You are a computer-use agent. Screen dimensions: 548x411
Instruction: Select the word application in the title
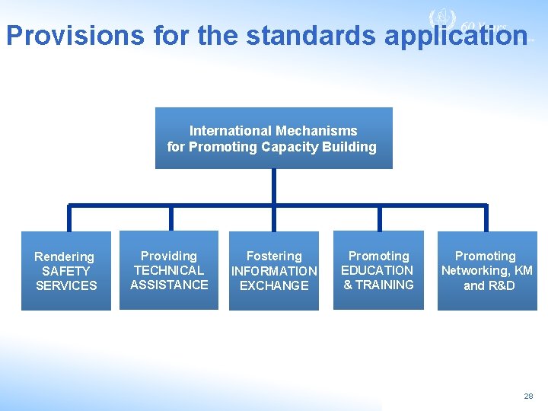[x=455, y=35]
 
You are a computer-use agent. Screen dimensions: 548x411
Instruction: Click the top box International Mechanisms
[x=273, y=138]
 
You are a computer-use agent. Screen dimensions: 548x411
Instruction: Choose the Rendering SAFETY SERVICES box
[x=65, y=271]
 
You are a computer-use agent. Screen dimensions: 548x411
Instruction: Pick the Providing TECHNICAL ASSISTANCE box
[x=169, y=270]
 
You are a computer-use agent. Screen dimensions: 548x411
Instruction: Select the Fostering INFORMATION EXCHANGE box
[x=274, y=271]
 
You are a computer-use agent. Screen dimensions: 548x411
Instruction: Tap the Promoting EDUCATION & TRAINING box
[x=378, y=270]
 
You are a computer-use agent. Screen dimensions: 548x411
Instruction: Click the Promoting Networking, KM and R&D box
[x=487, y=271]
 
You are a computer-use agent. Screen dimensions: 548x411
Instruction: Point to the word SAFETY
[x=65, y=271]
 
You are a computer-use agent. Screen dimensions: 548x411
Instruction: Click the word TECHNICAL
[x=169, y=270]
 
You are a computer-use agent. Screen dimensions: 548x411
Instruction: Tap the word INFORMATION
[x=274, y=271]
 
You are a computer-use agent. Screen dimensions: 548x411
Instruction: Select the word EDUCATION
[x=378, y=270]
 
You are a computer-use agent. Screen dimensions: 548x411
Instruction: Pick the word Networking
[x=474, y=270]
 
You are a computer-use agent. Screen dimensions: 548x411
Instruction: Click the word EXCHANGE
[x=274, y=285]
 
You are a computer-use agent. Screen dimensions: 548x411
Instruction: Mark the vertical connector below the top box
[x=273, y=186]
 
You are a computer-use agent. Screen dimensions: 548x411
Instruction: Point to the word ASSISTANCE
[x=169, y=285]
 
